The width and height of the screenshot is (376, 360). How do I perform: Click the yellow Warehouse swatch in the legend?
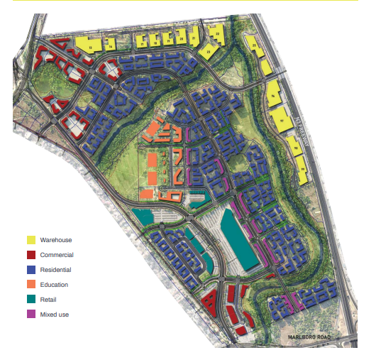pyautogui.click(x=31, y=240)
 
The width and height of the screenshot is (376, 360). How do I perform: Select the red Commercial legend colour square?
pyautogui.click(x=31, y=255)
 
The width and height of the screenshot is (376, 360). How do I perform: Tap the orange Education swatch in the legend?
pyautogui.click(x=31, y=285)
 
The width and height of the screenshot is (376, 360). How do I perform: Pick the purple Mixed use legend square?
pyautogui.click(x=31, y=314)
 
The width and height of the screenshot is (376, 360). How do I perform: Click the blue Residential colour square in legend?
pyautogui.click(x=31, y=270)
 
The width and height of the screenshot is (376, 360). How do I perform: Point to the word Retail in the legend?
pyautogui.click(x=49, y=300)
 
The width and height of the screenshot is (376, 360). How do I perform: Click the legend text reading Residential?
pyautogui.click(x=56, y=270)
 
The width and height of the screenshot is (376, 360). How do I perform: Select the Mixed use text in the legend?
pyautogui.click(x=55, y=314)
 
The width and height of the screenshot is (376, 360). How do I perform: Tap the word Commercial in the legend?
pyautogui.click(x=57, y=255)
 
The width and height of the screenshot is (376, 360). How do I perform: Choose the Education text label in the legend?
pyautogui.click(x=55, y=285)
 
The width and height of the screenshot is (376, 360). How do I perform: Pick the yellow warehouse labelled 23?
pyautogui.click(x=209, y=51)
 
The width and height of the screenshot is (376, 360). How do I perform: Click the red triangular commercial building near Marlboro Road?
pyautogui.click(x=210, y=302)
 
